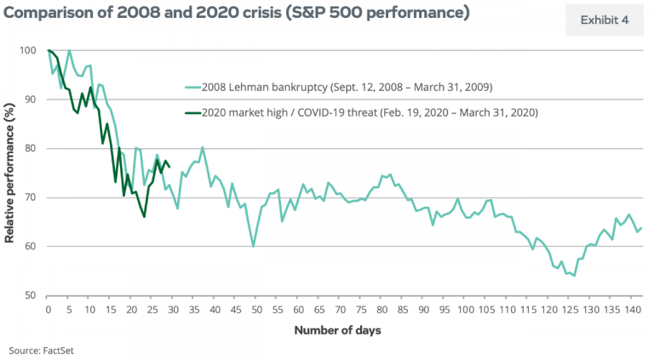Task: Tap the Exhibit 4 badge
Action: pos(604,20)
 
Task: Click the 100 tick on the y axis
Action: pos(31,51)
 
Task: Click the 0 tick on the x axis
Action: pos(49,309)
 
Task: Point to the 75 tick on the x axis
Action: pos(359,309)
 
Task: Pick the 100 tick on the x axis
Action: pos(463,309)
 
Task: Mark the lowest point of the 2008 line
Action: pos(574,276)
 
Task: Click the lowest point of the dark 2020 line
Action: pos(144,217)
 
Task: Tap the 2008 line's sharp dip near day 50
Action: pos(253,246)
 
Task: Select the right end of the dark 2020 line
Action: pos(170,167)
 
